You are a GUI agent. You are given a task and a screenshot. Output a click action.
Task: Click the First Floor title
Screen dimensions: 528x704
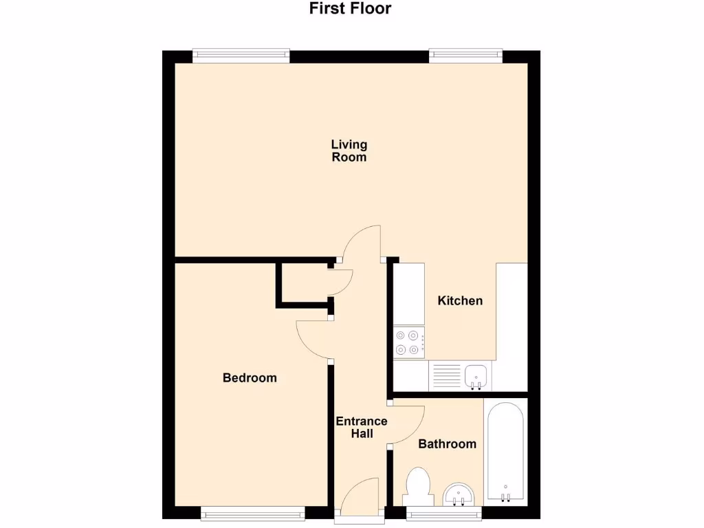350,9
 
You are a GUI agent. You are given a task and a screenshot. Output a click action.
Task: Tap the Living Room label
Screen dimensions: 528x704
349,151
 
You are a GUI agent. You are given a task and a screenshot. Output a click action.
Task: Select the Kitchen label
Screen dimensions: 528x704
460,300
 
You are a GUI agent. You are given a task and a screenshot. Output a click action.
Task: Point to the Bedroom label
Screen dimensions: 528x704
250,377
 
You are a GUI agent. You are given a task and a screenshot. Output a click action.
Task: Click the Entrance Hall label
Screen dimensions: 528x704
361,428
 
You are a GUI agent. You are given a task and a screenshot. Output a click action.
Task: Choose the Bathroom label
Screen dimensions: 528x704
447,444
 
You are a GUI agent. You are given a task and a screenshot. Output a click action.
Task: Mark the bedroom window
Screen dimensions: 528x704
253,511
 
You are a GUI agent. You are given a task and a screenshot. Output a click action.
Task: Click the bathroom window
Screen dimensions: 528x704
443,511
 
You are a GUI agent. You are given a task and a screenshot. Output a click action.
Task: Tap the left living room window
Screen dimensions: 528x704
241,55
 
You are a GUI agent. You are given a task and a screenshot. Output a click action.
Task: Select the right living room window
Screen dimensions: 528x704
465,55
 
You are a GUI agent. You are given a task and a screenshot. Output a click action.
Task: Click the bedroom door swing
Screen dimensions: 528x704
313,339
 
